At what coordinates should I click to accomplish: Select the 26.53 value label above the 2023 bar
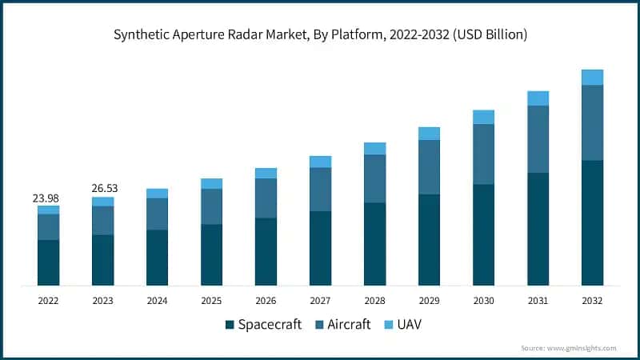point(102,189)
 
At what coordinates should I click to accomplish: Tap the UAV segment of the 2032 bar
point(592,77)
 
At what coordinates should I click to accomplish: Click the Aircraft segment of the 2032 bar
point(592,122)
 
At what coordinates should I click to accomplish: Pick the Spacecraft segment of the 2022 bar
point(48,262)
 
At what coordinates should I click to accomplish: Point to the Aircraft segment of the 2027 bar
point(320,190)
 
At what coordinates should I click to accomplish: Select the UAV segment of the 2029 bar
point(429,134)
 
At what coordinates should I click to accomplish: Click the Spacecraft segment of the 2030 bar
point(483,235)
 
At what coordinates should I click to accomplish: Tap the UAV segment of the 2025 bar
point(211,184)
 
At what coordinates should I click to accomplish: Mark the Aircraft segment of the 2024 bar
point(157,214)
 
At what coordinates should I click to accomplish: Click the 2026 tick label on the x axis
point(266,301)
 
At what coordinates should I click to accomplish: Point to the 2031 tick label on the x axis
point(538,301)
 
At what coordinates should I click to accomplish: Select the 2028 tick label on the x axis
point(374,301)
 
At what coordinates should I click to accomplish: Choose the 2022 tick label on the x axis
point(48,301)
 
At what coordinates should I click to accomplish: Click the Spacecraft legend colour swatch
point(230,325)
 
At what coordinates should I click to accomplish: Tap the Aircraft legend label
point(349,325)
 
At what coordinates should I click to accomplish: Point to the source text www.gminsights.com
point(582,348)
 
